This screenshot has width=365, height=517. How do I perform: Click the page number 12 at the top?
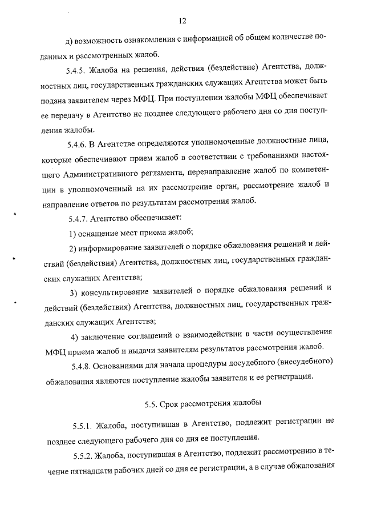[x=182, y=21]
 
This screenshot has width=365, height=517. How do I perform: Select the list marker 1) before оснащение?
[x=72, y=233]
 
